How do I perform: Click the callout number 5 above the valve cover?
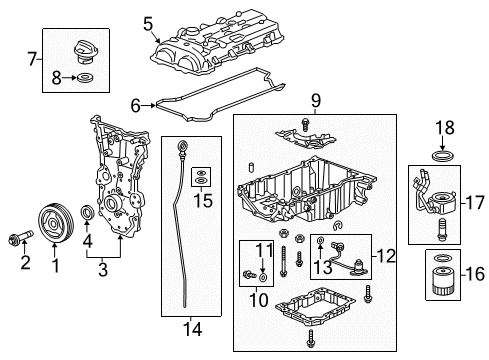coord(148,22)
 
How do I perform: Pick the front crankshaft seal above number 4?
coord(88,213)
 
